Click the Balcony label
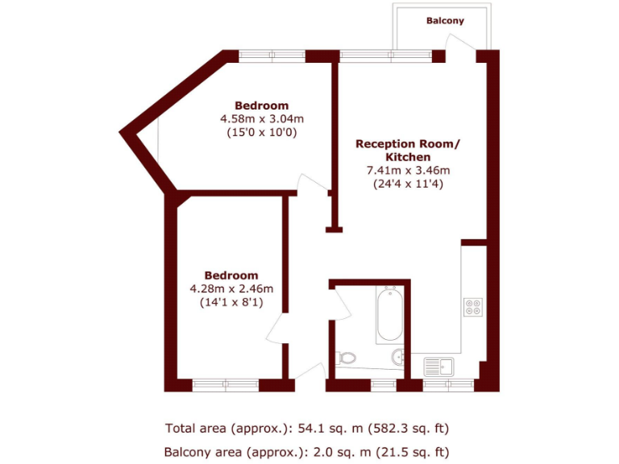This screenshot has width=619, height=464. coord(445,21)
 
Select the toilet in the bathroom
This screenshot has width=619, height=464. coord(347,357)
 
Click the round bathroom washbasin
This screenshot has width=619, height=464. coord(398,357)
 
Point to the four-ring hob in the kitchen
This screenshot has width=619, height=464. coord(473,307)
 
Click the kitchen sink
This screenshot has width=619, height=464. coord(440,367)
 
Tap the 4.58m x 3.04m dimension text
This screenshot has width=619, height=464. coord(261,119)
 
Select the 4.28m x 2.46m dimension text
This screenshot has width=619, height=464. coord(231,288)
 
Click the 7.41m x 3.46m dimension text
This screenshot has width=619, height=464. coord(408,170)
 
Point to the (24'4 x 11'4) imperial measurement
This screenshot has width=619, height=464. coord(408,184)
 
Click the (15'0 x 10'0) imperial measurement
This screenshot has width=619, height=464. coord(261,133)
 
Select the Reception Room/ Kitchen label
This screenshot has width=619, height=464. coord(408,150)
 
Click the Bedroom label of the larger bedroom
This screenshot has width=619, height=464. coord(261,106)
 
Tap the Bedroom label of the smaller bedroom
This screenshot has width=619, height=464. coord(231,275)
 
